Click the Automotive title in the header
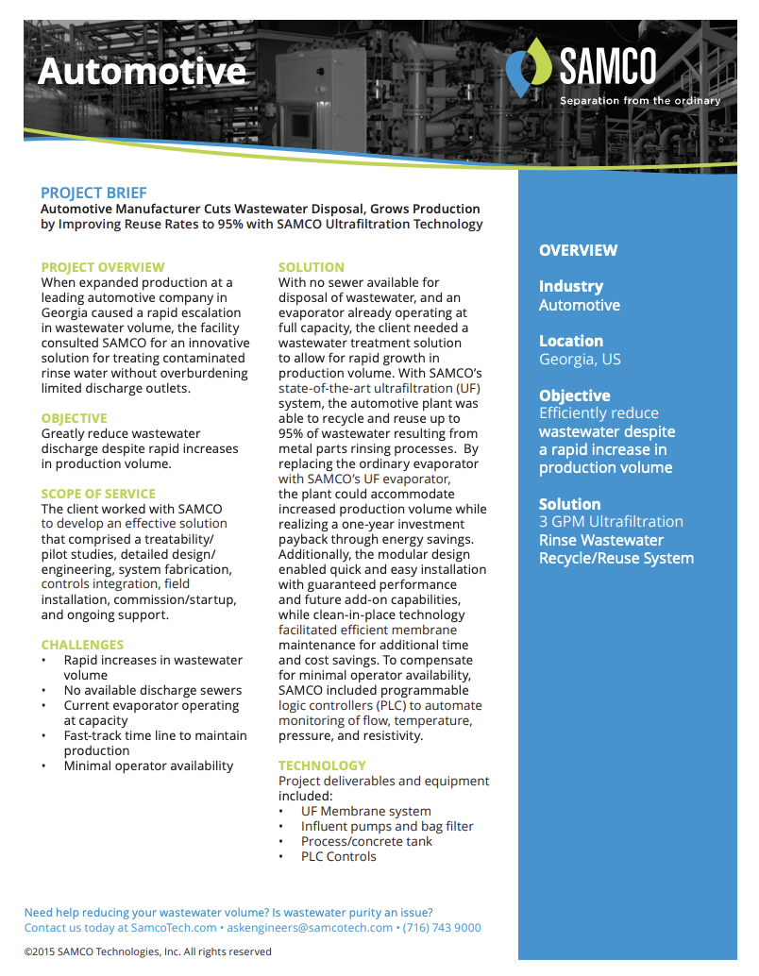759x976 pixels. coord(142,72)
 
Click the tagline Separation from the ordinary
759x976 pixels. coord(639,101)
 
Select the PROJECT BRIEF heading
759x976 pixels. coord(93,193)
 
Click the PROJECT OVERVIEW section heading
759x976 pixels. coord(103,267)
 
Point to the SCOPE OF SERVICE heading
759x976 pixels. coord(98,494)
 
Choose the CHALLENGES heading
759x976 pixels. coord(82,645)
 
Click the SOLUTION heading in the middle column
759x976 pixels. coord(312,267)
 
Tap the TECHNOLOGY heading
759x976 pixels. coord(322,766)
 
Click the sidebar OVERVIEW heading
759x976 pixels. coord(578,250)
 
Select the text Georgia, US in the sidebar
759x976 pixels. coord(580,360)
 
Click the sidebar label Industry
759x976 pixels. coord(570,286)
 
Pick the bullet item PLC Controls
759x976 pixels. coord(338,856)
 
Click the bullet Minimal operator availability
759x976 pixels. coord(148,766)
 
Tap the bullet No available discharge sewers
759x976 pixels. coord(153,690)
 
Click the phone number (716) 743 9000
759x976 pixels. coord(441,928)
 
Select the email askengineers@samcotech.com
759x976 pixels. coord(309,928)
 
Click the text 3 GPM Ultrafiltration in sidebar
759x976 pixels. coord(611,521)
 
